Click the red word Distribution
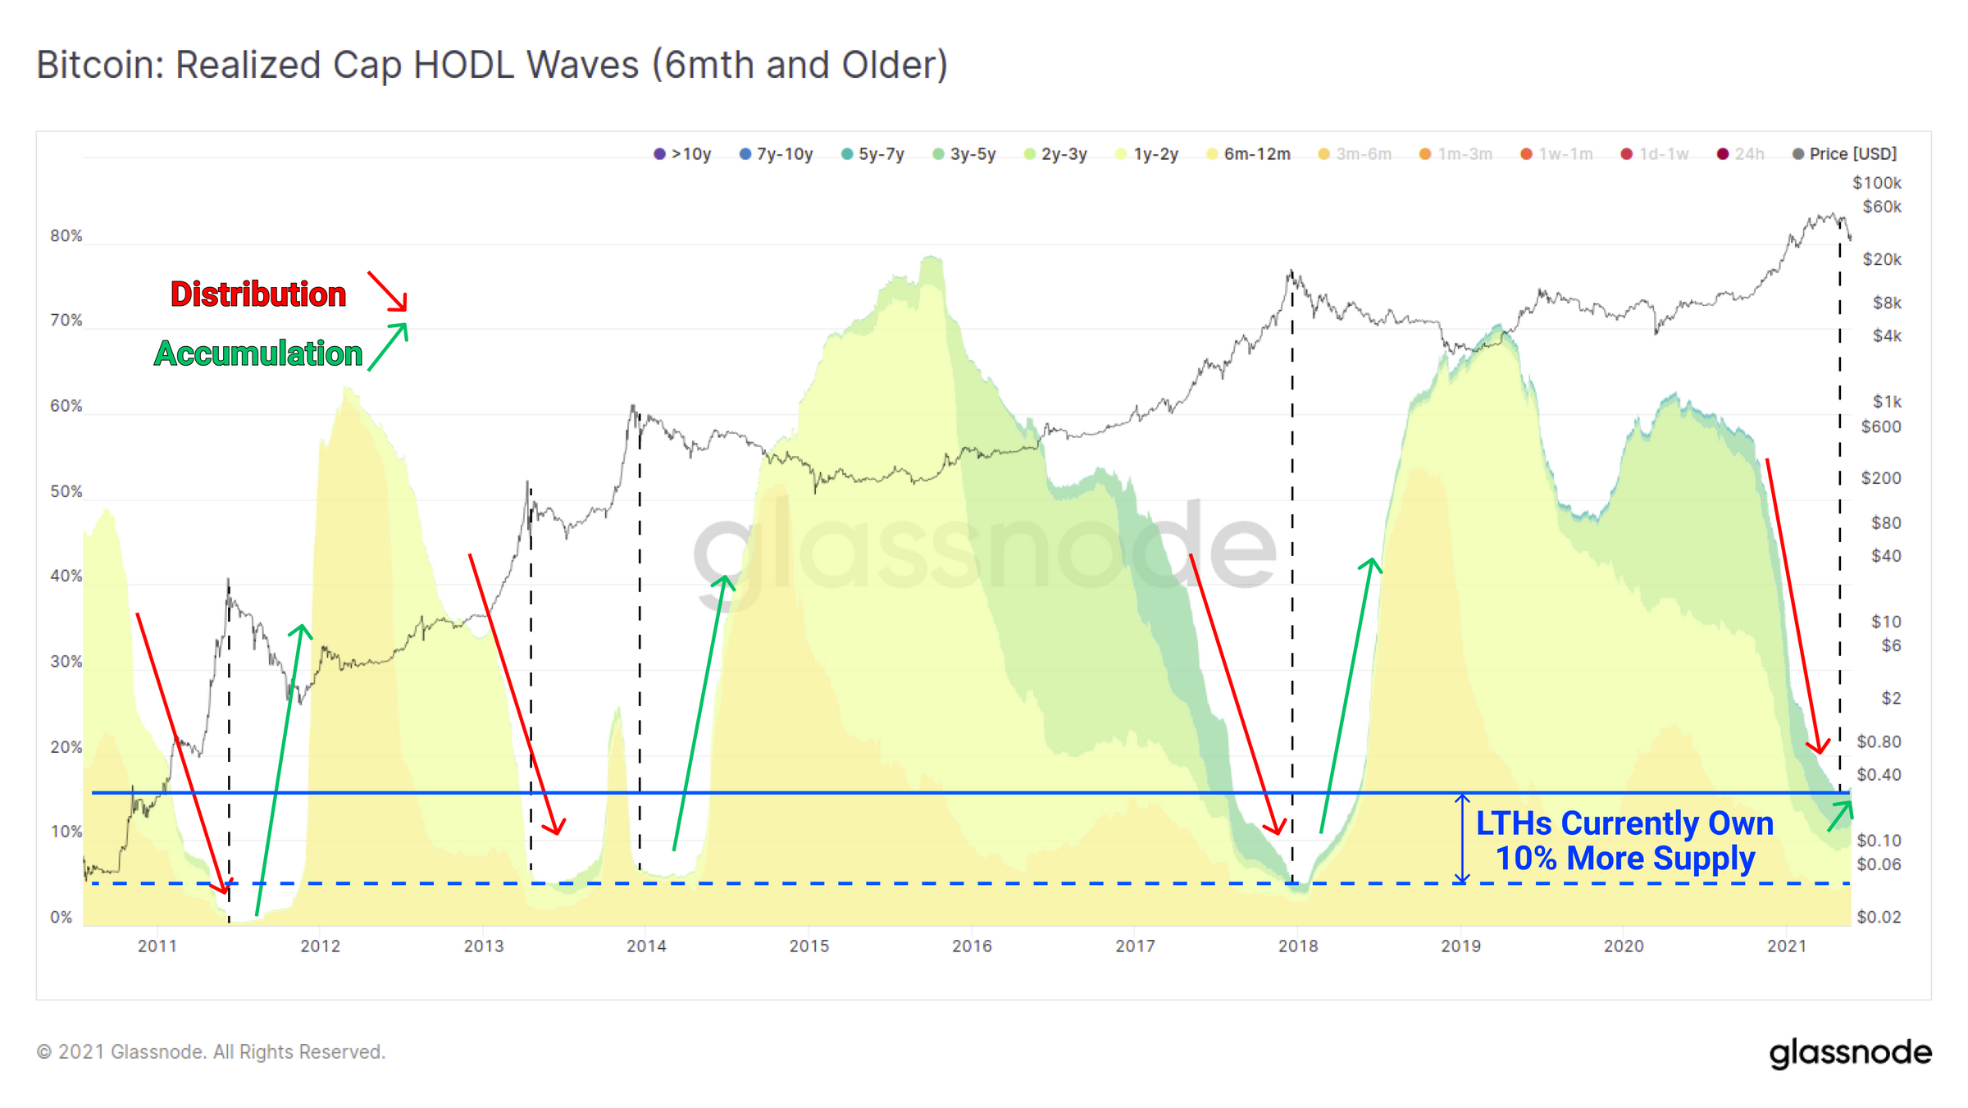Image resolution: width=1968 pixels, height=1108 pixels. click(x=257, y=294)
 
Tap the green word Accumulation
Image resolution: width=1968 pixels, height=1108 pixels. click(x=257, y=353)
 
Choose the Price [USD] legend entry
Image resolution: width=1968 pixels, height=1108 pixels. click(x=1844, y=154)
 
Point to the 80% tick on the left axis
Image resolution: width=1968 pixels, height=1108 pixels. click(x=66, y=236)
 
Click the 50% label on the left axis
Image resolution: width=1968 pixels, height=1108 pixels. click(x=66, y=491)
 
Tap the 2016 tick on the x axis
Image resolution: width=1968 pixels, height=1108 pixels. click(x=972, y=946)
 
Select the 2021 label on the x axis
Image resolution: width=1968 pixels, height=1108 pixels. click(x=1787, y=946)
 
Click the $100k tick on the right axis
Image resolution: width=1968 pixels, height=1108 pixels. click(x=1876, y=183)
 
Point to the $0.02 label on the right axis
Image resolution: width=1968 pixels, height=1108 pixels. click(x=1879, y=917)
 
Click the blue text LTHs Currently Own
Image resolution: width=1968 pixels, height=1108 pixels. click(x=1624, y=823)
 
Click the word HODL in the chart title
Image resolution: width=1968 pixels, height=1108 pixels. click(x=463, y=66)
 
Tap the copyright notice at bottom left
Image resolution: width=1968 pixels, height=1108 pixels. click(x=211, y=1052)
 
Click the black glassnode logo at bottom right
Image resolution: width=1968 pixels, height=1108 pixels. click(x=1850, y=1053)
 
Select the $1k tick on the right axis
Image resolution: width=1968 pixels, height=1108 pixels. click(x=1886, y=402)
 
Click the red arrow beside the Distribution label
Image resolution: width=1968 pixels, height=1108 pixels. click(x=387, y=291)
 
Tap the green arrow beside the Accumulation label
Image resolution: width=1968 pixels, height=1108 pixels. click(x=387, y=347)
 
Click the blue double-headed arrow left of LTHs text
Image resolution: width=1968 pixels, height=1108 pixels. click(x=1462, y=838)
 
